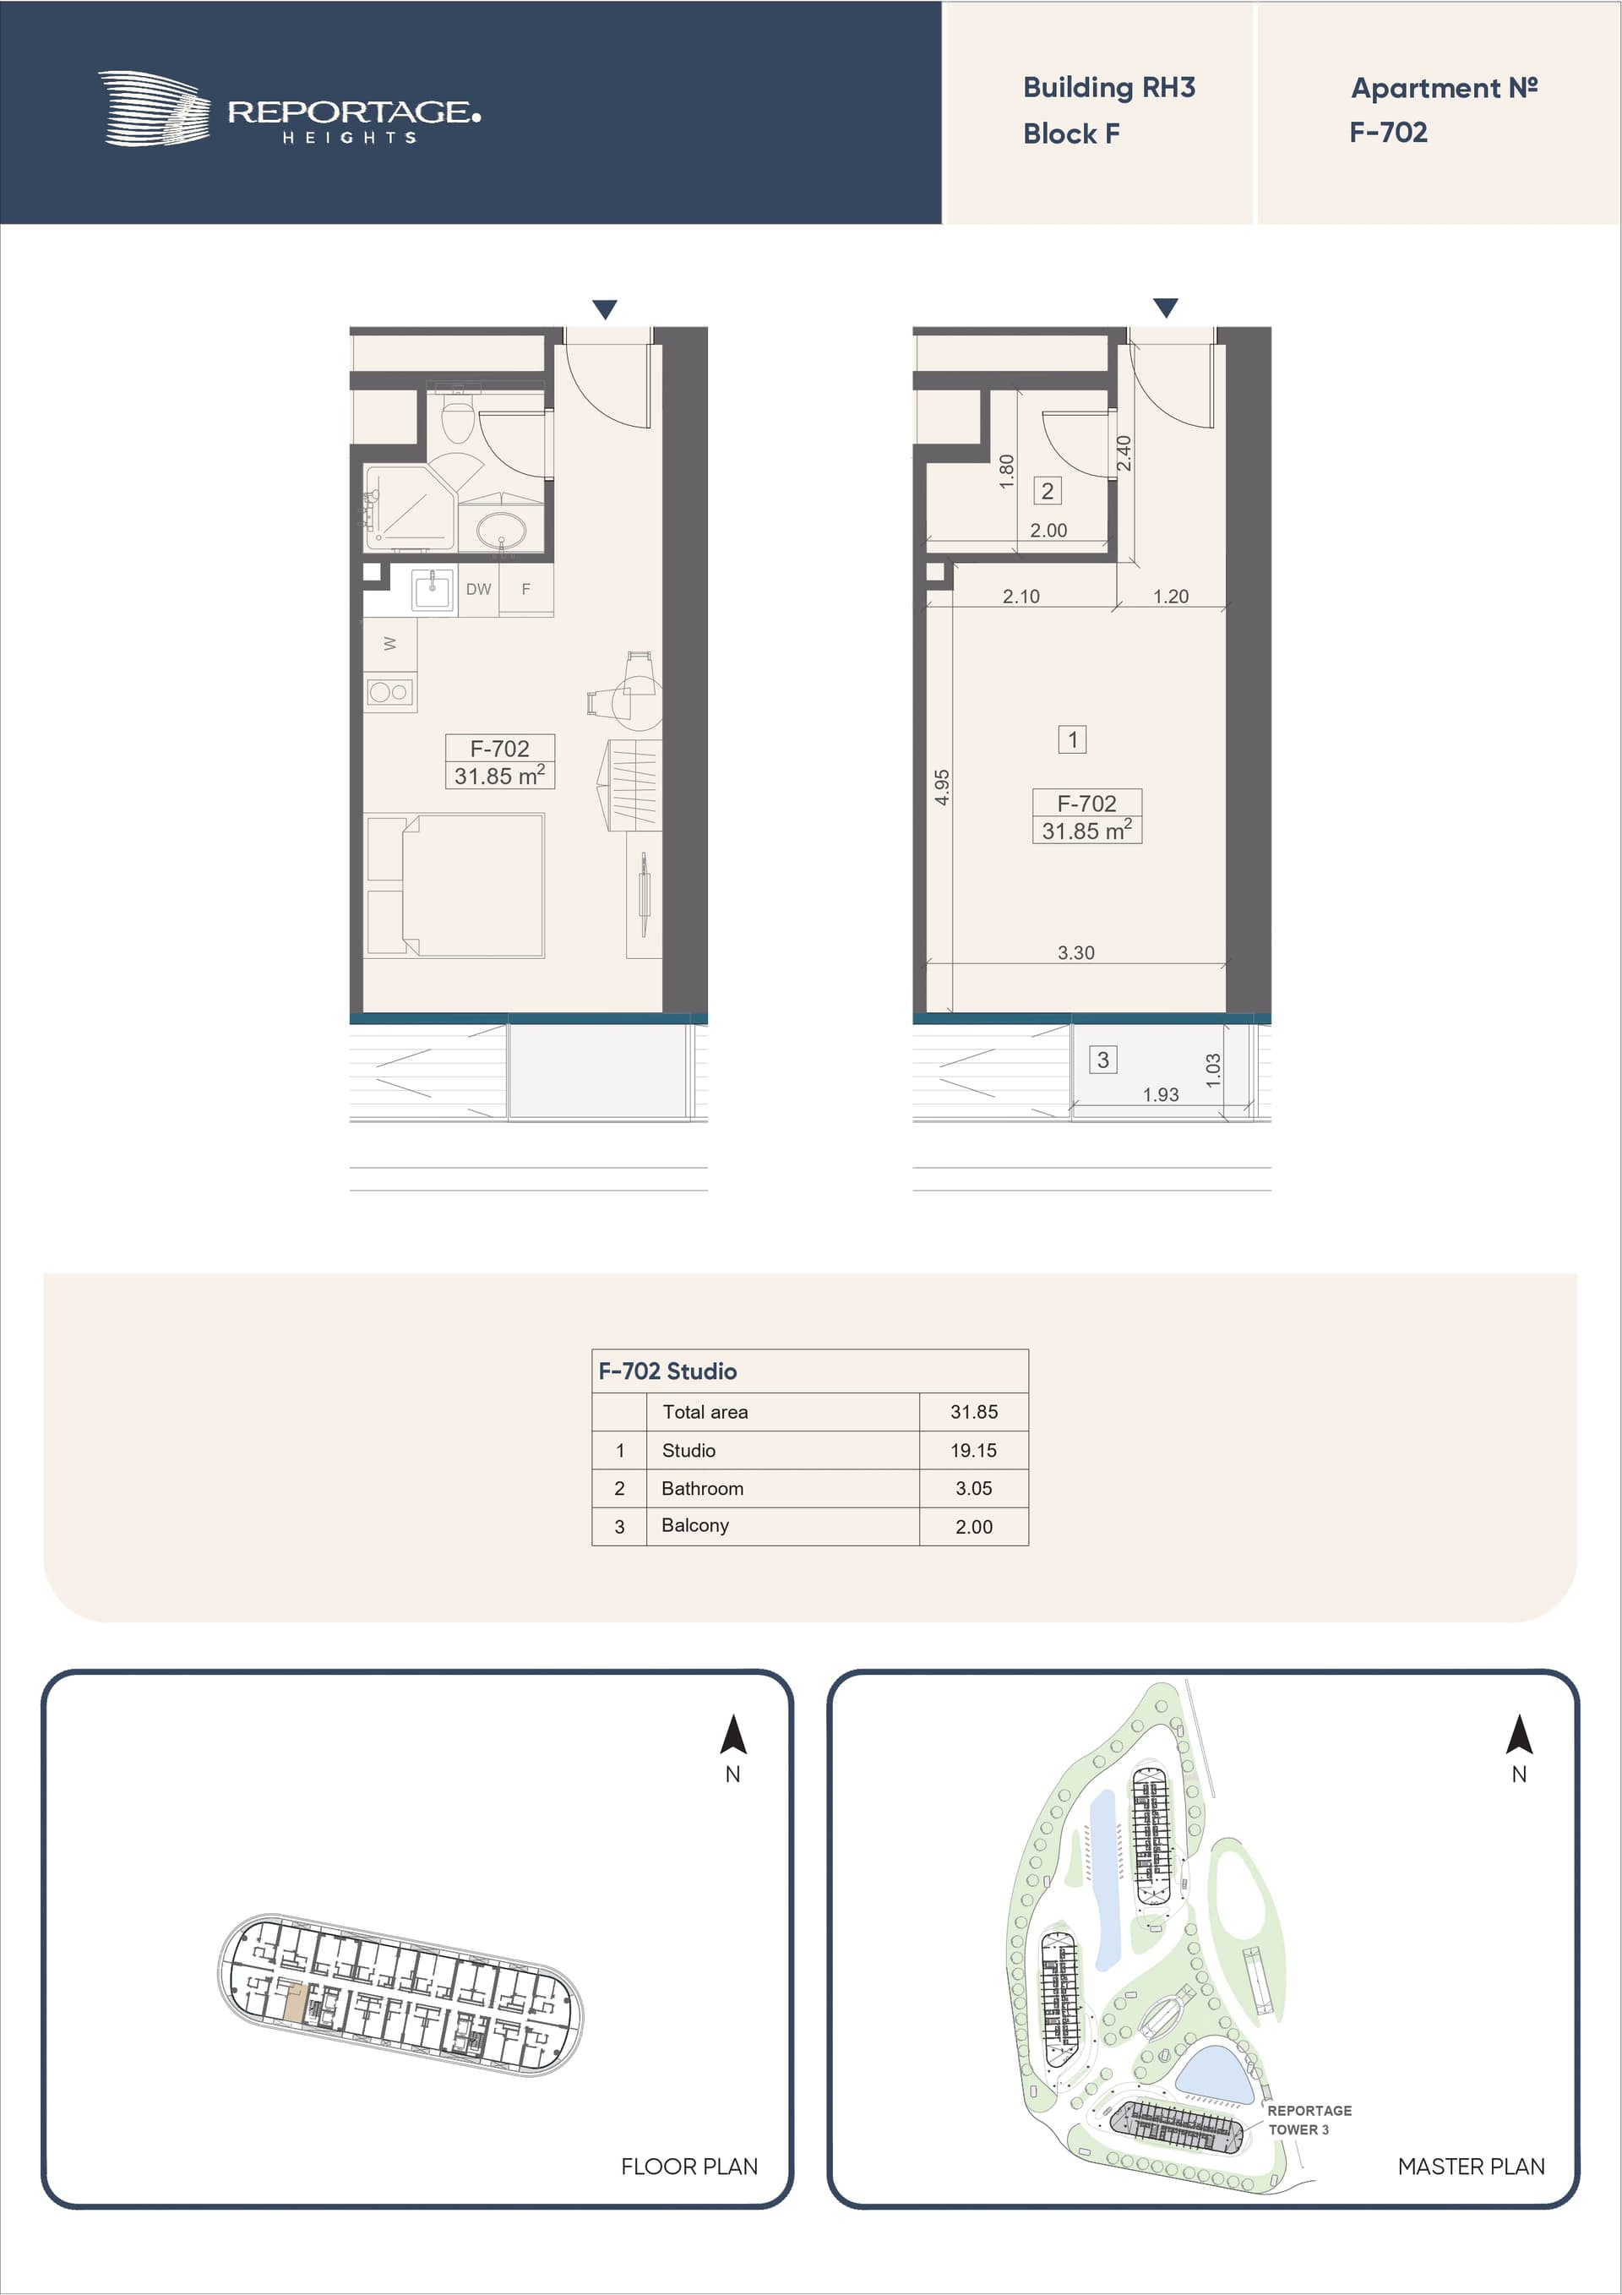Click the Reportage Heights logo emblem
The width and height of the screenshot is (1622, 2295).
click(x=155, y=109)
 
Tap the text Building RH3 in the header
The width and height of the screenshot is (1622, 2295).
click(x=1108, y=88)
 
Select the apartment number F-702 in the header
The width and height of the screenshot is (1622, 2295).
click(x=1388, y=132)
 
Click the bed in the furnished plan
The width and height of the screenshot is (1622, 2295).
click(x=455, y=886)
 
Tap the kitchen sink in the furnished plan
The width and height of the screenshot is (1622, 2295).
click(x=433, y=590)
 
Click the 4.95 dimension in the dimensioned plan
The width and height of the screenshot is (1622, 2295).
click(x=941, y=788)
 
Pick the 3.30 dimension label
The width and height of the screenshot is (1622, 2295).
click(x=1075, y=952)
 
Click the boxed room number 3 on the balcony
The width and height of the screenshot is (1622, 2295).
click(x=1102, y=1060)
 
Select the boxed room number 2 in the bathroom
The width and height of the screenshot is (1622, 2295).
click(x=1048, y=491)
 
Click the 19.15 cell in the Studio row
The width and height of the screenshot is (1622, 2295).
click(x=973, y=1450)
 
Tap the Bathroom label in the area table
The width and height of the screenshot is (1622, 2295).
click(x=703, y=1488)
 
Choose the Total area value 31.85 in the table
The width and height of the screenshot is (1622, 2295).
click(x=973, y=1412)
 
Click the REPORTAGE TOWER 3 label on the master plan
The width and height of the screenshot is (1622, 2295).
click(x=1309, y=2119)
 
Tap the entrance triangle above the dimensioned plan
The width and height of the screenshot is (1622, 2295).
click(x=1165, y=307)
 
